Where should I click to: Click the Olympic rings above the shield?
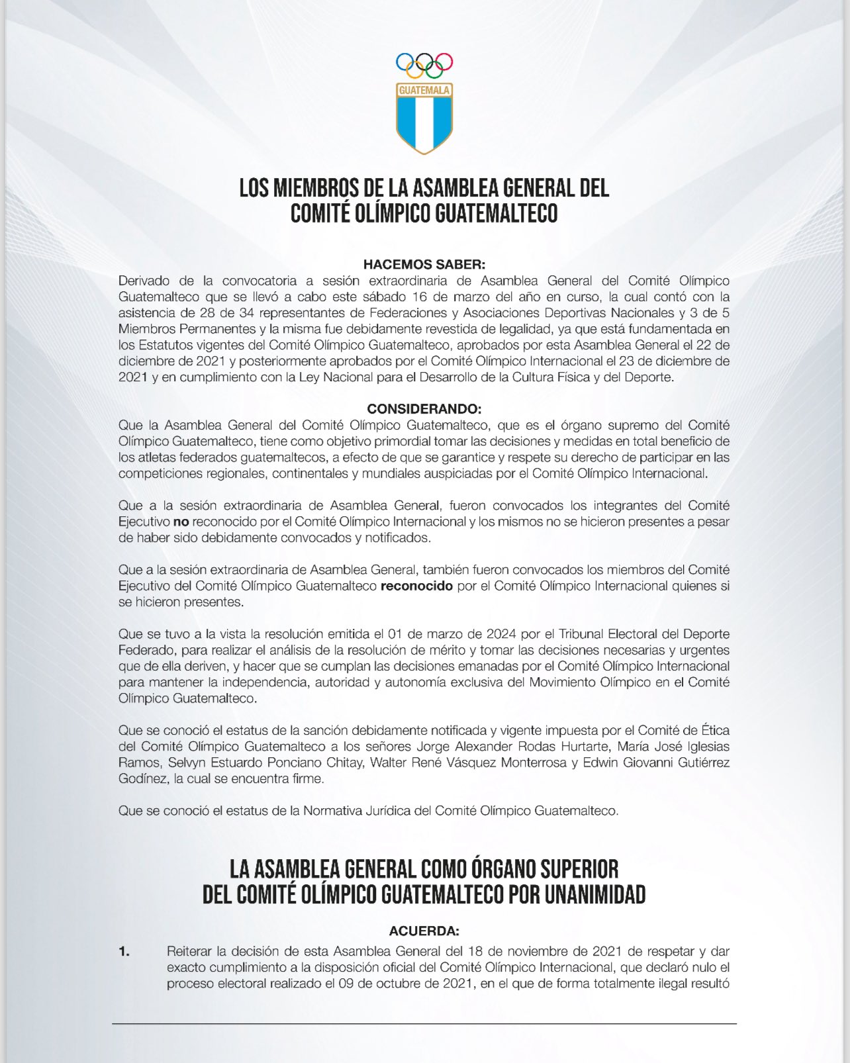(424, 64)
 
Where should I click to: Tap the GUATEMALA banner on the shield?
(424, 89)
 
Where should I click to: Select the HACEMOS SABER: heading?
(424, 265)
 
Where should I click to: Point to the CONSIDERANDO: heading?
(424, 409)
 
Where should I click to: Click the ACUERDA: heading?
(424, 931)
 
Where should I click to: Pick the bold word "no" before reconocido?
(181, 522)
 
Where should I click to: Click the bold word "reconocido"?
(421, 586)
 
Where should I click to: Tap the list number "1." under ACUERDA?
(124, 952)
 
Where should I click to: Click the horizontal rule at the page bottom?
(424, 1025)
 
